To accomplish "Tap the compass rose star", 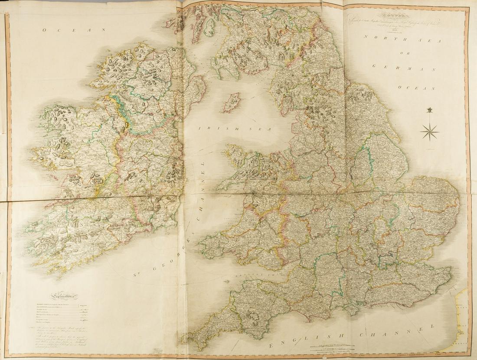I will point(429,131).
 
